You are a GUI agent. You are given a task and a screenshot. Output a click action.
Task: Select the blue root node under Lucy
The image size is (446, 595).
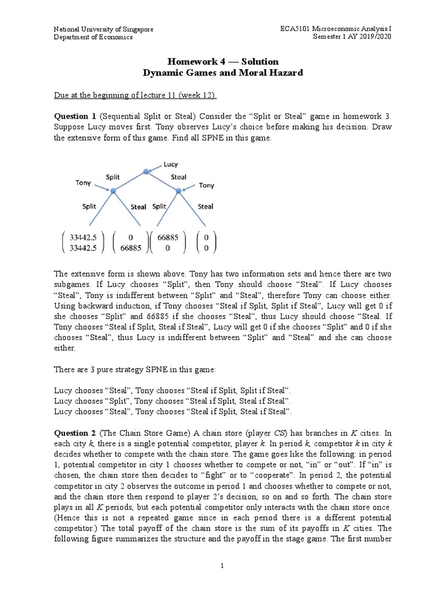pyautogui.click(x=145, y=171)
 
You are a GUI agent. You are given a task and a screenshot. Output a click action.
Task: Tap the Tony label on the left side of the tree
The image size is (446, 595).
pyautogui.click(x=83, y=183)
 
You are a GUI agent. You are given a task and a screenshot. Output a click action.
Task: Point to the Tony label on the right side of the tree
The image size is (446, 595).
pyautogui.click(x=207, y=185)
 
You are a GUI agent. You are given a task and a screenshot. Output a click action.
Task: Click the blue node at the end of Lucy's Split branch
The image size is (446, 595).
pyautogui.click(x=113, y=191)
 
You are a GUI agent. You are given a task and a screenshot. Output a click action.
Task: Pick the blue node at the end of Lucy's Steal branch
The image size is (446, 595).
pyautogui.click(x=178, y=191)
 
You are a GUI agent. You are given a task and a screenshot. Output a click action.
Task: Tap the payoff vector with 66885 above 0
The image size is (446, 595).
pyautogui.click(x=167, y=241)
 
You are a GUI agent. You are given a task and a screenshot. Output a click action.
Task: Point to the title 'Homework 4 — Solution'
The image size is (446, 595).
pyautogui.click(x=223, y=62)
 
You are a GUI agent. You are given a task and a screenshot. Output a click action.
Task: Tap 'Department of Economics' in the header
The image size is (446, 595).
pyautogui.click(x=93, y=37)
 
